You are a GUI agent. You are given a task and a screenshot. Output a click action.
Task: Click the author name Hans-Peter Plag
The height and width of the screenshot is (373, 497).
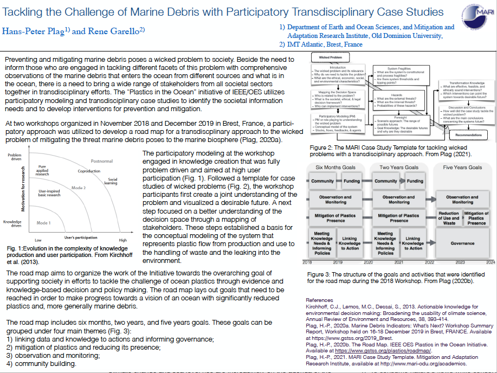(x=34, y=31)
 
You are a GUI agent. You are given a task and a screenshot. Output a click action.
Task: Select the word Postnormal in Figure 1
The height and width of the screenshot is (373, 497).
(x=102, y=162)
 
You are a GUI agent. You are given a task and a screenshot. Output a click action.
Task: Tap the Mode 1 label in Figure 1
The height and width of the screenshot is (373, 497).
(x=43, y=223)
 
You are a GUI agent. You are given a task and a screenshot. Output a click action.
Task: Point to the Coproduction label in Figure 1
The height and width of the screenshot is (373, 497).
(x=88, y=171)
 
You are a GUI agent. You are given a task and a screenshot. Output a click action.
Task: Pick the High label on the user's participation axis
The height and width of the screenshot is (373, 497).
(x=123, y=240)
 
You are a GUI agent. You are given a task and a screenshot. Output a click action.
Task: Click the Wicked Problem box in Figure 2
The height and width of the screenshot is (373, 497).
(x=331, y=57)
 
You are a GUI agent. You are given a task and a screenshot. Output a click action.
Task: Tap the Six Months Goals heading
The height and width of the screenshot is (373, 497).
(x=336, y=168)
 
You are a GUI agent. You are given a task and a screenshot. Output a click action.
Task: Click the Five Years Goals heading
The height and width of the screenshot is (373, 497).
(x=462, y=168)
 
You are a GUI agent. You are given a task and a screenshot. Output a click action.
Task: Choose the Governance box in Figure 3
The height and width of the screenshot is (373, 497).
(x=462, y=243)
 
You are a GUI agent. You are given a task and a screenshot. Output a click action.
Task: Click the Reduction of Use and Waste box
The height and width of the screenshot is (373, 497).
(x=449, y=218)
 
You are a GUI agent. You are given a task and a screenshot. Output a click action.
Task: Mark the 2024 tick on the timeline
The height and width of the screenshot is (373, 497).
(x=490, y=262)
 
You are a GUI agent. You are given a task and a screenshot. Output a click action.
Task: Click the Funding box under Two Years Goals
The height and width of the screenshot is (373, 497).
(x=416, y=181)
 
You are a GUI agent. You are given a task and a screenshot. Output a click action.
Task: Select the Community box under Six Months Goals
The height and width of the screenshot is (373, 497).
(x=322, y=181)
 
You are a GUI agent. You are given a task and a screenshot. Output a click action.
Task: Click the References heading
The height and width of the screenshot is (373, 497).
(x=319, y=300)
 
